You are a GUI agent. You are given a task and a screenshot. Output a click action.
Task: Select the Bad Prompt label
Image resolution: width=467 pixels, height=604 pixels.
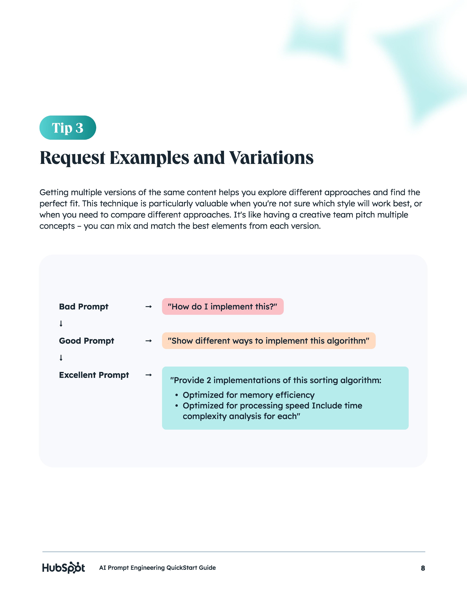84,306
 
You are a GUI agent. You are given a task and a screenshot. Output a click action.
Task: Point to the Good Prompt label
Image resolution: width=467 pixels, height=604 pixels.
86,341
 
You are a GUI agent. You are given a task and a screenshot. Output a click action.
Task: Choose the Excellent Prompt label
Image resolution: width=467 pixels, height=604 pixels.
94,375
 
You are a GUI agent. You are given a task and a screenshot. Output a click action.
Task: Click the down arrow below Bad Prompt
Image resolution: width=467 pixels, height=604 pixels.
61,324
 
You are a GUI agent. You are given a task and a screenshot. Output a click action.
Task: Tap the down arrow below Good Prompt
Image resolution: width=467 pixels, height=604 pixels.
61,358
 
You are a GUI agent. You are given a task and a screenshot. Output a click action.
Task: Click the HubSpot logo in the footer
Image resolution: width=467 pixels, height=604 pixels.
63,568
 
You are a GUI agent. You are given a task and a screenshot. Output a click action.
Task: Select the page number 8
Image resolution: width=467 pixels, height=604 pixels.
423,568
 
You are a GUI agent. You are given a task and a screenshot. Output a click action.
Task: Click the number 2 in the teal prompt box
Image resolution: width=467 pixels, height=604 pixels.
209,380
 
